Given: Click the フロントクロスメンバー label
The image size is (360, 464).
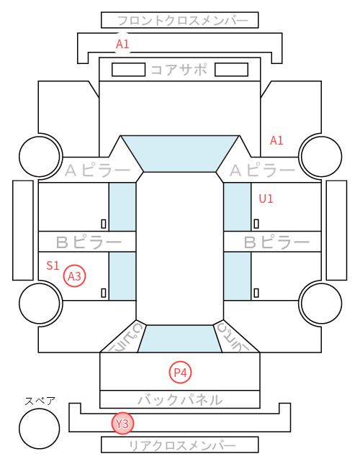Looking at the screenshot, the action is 182,21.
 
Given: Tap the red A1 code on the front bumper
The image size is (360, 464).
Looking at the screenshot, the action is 122,44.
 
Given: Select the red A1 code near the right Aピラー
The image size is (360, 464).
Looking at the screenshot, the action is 276,140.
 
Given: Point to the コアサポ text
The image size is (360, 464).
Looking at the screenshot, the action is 179,70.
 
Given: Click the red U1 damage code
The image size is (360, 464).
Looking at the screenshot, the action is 266,199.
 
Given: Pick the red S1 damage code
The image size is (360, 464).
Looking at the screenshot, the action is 53,265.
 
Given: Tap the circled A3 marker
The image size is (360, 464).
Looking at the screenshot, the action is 75,276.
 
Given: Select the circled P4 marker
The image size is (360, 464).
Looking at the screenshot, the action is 180,372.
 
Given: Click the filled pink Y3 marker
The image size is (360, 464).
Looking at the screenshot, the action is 122,424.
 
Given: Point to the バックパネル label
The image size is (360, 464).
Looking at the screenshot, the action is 180,400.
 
